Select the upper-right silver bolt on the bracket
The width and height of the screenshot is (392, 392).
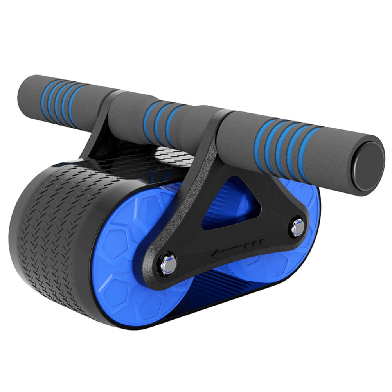tap(298, 227)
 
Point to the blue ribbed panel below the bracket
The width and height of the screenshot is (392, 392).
tap(219, 297)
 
